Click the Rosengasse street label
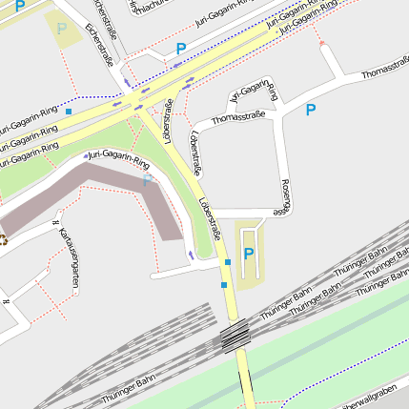[x=285, y=198]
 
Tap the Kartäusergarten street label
[x=68, y=256]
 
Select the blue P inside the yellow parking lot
[x=249, y=254]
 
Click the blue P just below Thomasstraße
[x=310, y=111]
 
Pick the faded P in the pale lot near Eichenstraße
[x=62, y=29]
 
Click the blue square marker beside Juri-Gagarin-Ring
[x=69, y=112]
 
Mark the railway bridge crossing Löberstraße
[x=235, y=336]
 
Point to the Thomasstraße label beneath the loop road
[x=237, y=117]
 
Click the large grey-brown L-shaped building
[x=105, y=191]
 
